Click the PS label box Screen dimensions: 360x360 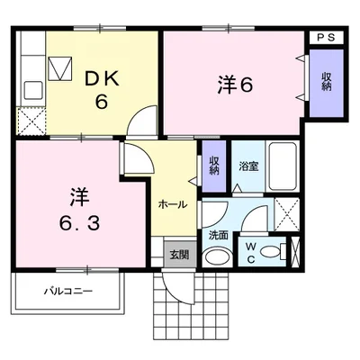[327, 38]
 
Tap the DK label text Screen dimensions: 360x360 [102, 80]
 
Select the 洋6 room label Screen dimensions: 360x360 [236, 85]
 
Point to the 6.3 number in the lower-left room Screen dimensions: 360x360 [79, 223]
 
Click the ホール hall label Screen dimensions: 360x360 [173, 205]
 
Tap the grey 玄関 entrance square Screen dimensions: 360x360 [180, 254]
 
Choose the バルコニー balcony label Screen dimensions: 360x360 [68, 291]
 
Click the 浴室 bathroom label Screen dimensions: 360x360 [248, 166]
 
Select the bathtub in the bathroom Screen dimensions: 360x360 [283, 166]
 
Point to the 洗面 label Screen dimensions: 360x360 [219, 236]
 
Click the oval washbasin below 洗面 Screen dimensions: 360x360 [218, 257]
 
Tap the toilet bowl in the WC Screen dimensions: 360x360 [271, 251]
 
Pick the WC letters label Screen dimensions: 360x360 [251, 253]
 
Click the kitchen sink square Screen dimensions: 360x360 [33, 90]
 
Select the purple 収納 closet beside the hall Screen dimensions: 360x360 [214, 166]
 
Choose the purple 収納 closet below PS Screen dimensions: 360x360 [327, 83]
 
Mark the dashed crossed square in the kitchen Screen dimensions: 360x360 [31, 121]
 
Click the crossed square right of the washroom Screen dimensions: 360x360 [287, 214]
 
